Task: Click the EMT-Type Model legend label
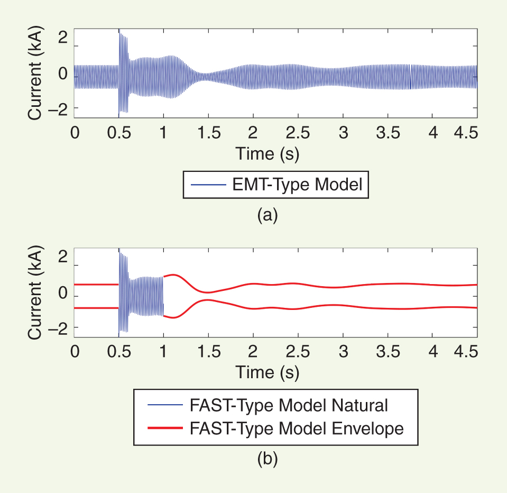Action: (x=297, y=185)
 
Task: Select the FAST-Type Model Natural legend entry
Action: (x=288, y=406)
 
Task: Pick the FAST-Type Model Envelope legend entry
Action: (x=296, y=428)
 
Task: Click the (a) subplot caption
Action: (x=266, y=214)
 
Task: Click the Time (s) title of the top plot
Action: (x=267, y=153)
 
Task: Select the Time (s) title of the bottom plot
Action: (x=267, y=372)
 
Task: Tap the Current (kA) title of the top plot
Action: (x=36, y=75)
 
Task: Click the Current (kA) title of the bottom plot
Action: (x=36, y=294)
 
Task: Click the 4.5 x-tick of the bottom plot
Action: (x=465, y=352)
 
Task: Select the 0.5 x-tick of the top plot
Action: (x=118, y=132)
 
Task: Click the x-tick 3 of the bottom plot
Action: (x=343, y=352)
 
